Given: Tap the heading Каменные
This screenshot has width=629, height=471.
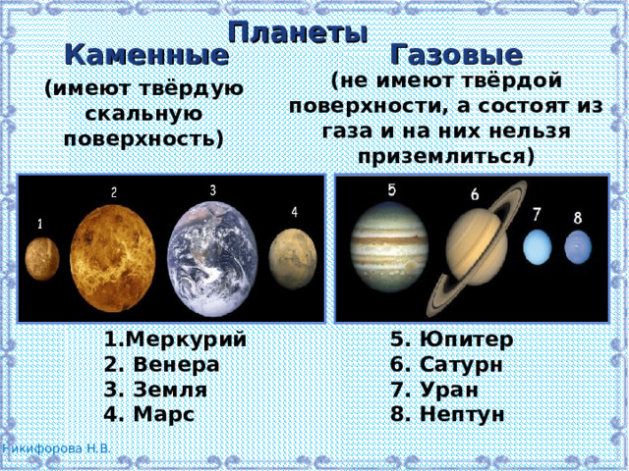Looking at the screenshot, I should [x=146, y=55].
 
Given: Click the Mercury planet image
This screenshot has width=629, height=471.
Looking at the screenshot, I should [x=42, y=259].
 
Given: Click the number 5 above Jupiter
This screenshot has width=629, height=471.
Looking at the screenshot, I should [x=391, y=189].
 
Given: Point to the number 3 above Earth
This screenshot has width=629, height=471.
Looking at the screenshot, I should [x=213, y=190].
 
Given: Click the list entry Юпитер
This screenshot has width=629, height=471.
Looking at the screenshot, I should [x=450, y=340].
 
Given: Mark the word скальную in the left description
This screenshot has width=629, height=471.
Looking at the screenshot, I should [x=143, y=113].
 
